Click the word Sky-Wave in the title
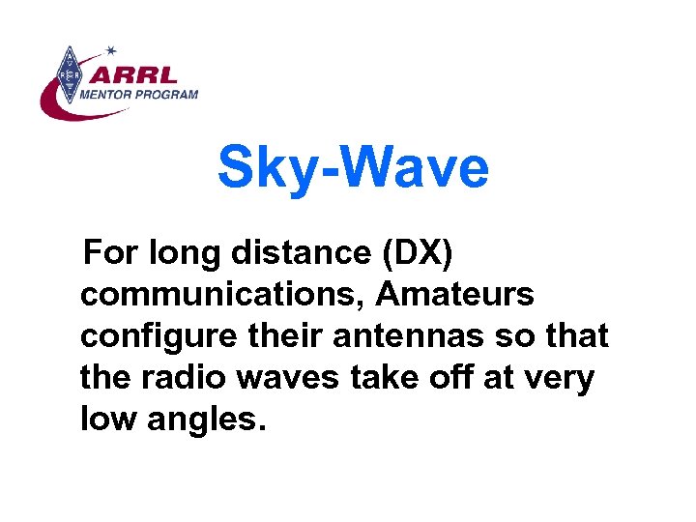[353, 167]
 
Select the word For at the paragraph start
[113, 254]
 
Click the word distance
[304, 254]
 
